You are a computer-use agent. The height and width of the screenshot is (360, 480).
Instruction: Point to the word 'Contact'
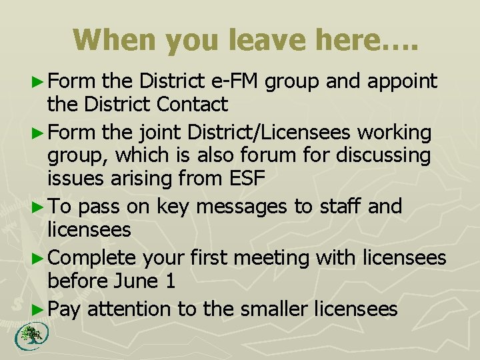pos(193,104)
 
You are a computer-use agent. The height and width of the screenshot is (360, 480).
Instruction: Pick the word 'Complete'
pos(92,258)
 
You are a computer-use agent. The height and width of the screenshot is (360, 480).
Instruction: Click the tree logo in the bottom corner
pos(29,335)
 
